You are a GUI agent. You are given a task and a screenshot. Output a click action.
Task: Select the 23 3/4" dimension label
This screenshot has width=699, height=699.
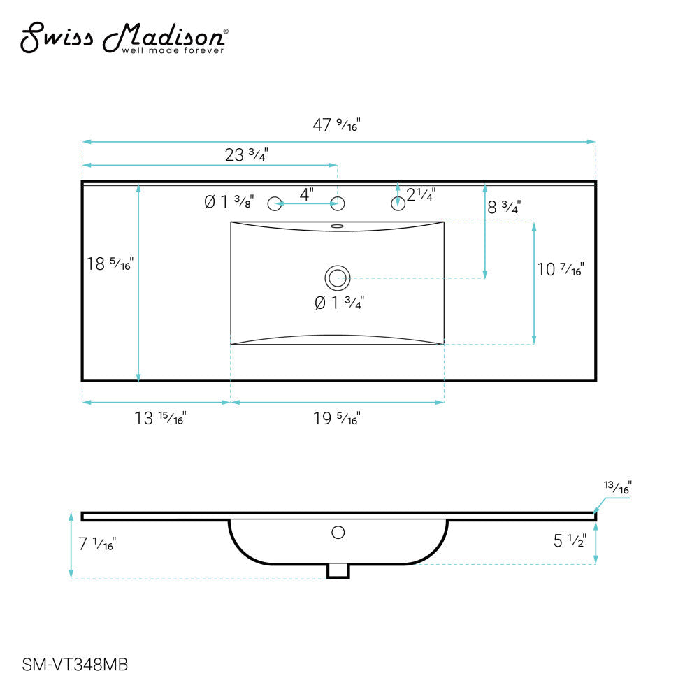246,154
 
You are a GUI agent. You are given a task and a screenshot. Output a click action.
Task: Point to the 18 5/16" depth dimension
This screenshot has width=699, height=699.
109,264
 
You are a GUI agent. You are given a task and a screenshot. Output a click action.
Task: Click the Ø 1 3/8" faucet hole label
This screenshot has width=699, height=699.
229,202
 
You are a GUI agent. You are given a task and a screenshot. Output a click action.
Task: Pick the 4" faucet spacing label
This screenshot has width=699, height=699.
306,195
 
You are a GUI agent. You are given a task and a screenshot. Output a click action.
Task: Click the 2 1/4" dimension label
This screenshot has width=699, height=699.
421,196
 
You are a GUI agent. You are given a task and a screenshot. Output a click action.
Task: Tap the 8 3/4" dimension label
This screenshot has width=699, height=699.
504,207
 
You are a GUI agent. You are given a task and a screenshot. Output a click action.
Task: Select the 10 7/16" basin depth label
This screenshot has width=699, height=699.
560,268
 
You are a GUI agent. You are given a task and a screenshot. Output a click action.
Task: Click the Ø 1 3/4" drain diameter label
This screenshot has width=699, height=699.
339,303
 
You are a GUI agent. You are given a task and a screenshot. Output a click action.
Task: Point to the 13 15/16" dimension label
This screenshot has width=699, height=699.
160,419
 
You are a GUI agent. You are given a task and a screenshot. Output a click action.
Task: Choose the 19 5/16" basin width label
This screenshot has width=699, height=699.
336,419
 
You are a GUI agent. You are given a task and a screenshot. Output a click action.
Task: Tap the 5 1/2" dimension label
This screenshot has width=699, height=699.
568,540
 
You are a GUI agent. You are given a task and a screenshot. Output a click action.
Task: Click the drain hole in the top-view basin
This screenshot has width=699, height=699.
338,278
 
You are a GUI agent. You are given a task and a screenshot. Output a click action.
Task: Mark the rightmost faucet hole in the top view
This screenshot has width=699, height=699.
398,204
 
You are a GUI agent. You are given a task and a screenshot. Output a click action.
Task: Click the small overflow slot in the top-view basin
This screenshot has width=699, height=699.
338,226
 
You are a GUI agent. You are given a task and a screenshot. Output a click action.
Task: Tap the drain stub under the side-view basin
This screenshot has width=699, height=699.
338,571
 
